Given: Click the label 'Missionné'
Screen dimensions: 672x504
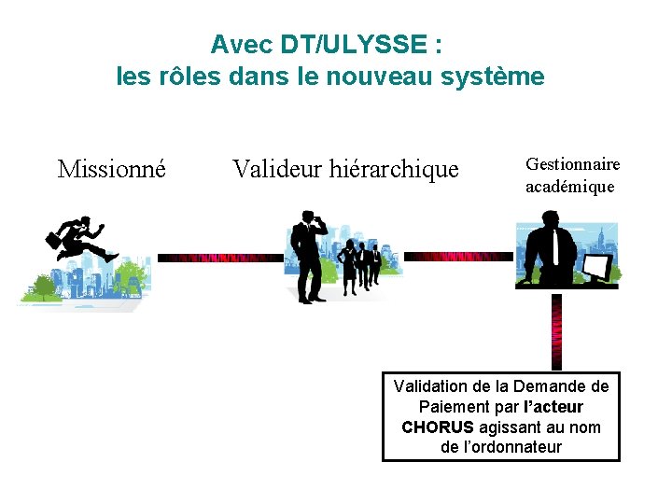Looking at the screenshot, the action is (x=112, y=169).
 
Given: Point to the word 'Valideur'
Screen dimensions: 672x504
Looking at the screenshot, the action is (x=274, y=169).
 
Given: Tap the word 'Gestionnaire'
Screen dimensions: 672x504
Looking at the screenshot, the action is (x=572, y=164).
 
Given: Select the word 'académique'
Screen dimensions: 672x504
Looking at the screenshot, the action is (x=569, y=187).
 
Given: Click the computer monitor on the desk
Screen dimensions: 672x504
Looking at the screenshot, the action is (x=596, y=268).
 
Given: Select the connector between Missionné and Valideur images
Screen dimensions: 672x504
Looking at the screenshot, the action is (x=219, y=258).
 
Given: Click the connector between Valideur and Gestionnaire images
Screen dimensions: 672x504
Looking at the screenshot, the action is (x=457, y=256).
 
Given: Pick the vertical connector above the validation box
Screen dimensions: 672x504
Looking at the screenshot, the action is (x=557, y=331).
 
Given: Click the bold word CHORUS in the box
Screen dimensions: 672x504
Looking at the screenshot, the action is (x=437, y=427).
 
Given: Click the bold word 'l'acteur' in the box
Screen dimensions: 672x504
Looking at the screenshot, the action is (x=554, y=407).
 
